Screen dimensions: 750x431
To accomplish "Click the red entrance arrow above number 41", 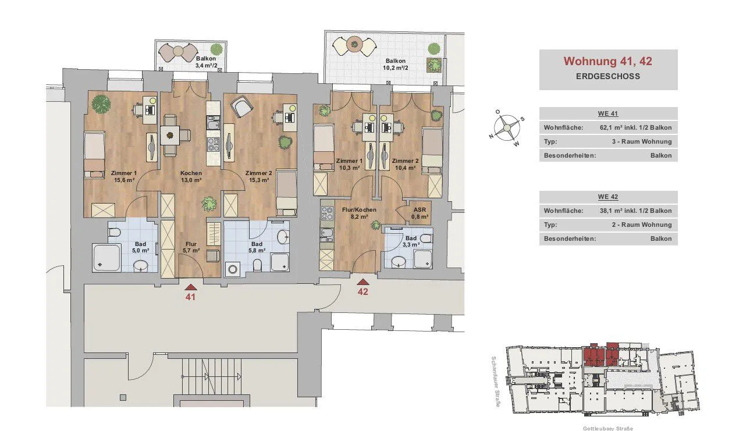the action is coord(190,287).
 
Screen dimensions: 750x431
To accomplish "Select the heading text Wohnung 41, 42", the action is coord(607,61).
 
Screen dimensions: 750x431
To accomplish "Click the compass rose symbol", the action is coord(507,127).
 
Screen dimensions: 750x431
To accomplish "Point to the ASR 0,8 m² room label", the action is coord(420,213).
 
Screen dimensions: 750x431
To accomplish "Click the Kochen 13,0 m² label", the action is coord(191,177).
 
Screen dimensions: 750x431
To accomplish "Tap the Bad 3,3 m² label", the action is coord(411,241).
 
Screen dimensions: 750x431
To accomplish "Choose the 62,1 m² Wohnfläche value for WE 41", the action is coord(635,127).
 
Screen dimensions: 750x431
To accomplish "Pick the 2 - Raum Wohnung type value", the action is coord(642,225).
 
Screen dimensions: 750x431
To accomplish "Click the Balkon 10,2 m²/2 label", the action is coord(396,64).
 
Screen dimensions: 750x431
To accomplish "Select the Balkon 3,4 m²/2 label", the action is coord(206,62).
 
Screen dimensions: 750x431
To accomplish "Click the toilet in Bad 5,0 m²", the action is coord(115,231).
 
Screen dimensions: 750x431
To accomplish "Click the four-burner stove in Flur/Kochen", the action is coord(327,213).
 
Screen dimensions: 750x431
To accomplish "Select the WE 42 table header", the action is coord(607,197).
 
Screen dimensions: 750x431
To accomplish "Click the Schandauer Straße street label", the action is coord(496,382).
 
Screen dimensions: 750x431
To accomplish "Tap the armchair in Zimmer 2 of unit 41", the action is coord(241,106).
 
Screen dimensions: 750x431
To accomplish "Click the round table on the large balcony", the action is coord(354,44).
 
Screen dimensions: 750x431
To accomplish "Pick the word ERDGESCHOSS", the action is coord(607,76).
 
